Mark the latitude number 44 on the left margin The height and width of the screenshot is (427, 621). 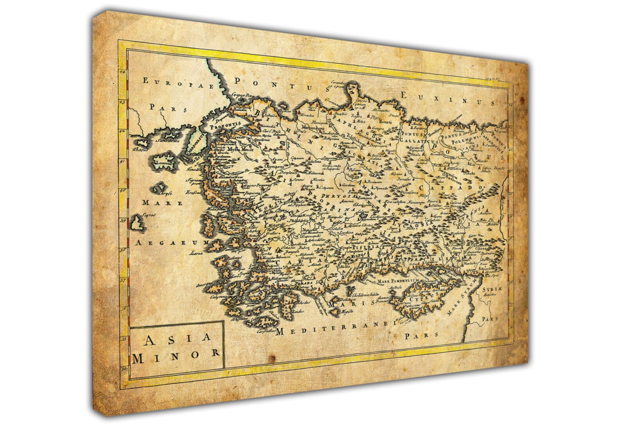[122, 72]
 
